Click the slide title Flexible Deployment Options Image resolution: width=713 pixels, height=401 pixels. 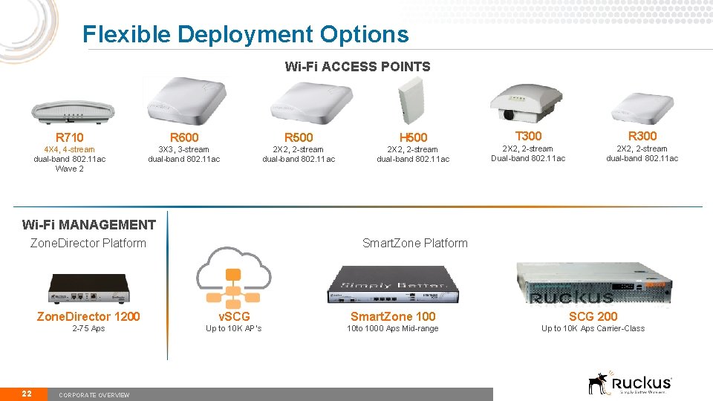click(x=245, y=34)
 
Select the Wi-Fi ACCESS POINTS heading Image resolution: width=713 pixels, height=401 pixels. click(x=357, y=67)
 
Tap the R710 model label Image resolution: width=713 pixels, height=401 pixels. click(x=70, y=137)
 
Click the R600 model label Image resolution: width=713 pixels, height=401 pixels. click(x=184, y=137)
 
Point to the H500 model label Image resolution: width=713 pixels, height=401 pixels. click(x=413, y=137)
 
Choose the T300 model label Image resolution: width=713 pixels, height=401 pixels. click(x=528, y=136)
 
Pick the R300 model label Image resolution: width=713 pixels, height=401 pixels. click(x=642, y=136)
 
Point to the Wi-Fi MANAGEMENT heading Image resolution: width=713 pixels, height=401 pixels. click(x=89, y=225)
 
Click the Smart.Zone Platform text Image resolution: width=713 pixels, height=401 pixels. click(x=414, y=243)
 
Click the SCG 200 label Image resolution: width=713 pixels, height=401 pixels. click(x=593, y=316)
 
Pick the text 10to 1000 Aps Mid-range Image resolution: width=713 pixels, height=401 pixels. click(x=393, y=329)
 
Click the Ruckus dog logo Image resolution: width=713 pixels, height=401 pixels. click(x=599, y=382)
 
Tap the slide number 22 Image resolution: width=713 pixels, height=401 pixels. click(x=27, y=394)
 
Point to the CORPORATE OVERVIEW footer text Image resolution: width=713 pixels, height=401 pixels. click(x=94, y=395)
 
